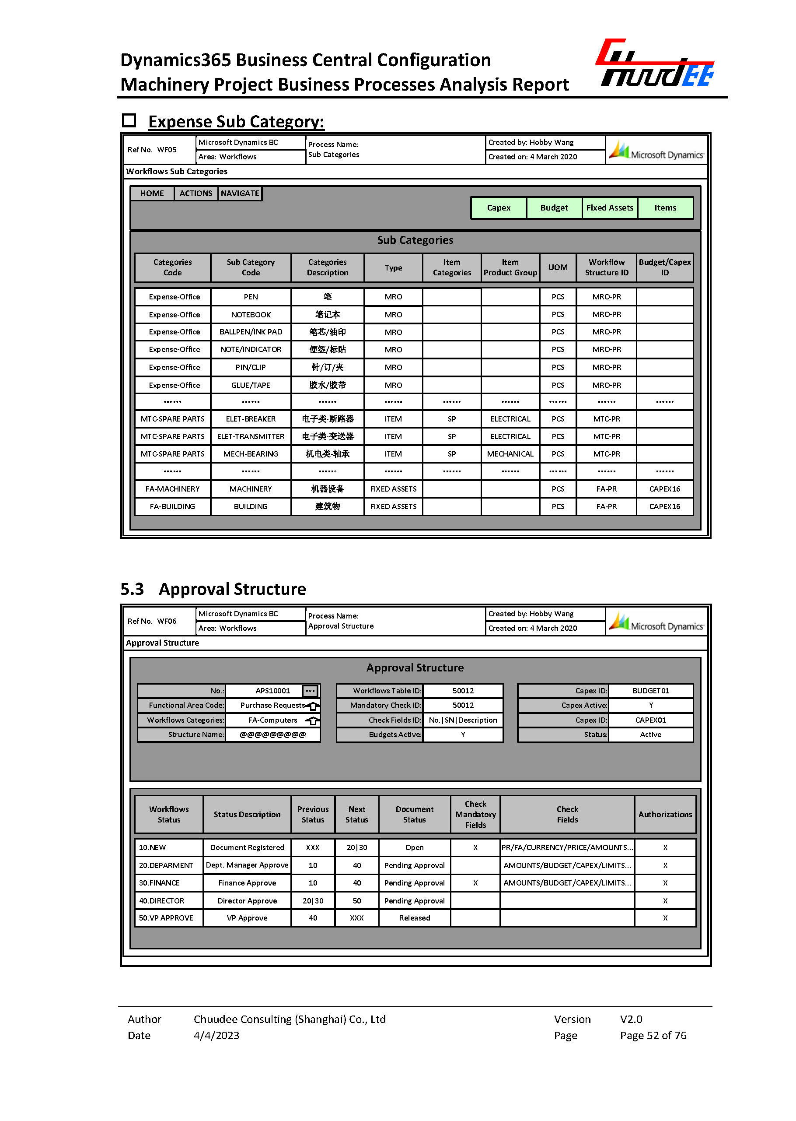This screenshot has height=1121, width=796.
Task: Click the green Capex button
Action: (x=498, y=207)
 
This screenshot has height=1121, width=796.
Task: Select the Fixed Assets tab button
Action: (x=609, y=207)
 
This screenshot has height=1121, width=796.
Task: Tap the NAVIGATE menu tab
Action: (x=240, y=193)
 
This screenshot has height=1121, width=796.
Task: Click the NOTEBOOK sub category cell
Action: (x=251, y=314)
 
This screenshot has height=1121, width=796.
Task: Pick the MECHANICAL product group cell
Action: (x=510, y=454)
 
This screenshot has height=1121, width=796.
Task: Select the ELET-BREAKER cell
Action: (x=251, y=419)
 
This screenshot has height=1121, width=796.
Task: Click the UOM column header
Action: (x=557, y=267)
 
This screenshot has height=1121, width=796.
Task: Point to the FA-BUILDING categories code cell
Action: (x=172, y=506)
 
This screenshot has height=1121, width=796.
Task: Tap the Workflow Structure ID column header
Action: (x=606, y=267)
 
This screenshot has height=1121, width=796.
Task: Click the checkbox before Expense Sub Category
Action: (x=129, y=121)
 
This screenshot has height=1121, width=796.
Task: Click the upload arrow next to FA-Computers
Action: (x=312, y=720)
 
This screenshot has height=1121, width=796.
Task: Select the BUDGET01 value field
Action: (x=650, y=691)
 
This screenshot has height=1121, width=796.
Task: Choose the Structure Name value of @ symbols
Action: (x=272, y=734)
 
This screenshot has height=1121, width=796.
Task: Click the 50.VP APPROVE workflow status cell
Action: (x=166, y=918)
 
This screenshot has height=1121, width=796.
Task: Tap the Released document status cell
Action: (x=414, y=918)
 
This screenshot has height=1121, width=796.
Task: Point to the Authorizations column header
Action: (x=665, y=815)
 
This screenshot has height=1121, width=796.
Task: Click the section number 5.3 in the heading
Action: (x=133, y=589)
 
